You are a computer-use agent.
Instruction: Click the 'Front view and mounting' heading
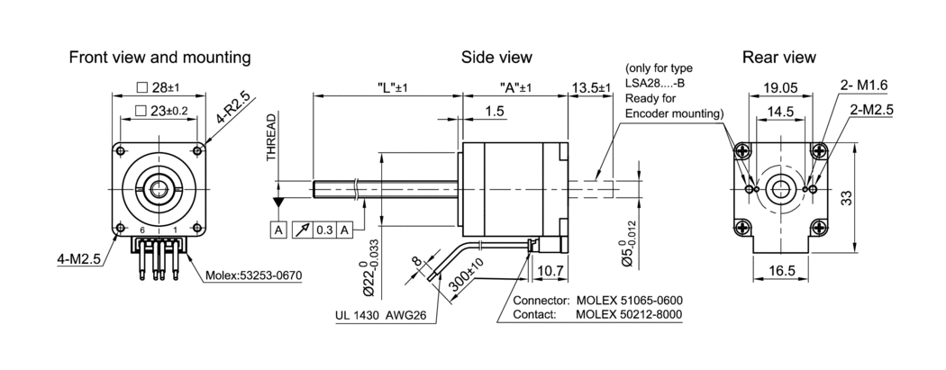[159, 58]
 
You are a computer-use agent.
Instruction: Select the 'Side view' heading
[496, 58]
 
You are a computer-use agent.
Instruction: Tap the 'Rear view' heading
[779, 58]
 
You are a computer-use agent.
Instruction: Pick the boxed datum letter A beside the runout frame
[277, 230]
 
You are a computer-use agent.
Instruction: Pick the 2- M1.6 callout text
[864, 85]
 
